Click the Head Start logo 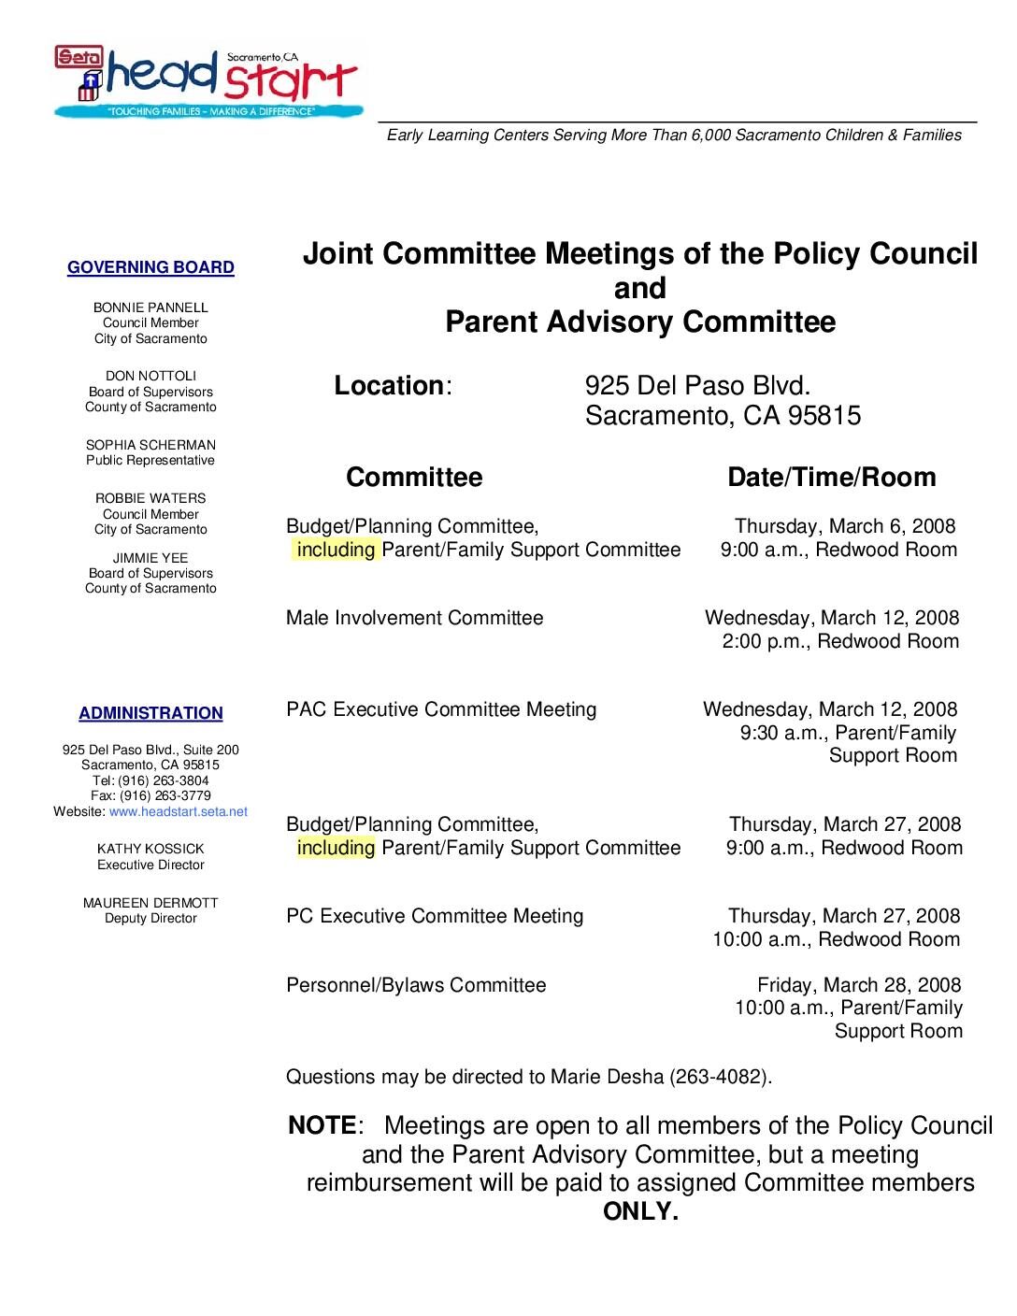coord(207,81)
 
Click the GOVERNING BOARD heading coord(150,268)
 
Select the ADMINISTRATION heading coord(150,714)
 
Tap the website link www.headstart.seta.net coord(179,811)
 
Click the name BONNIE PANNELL coord(150,308)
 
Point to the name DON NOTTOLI coord(150,377)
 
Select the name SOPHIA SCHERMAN coord(150,445)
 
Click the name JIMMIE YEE coord(150,558)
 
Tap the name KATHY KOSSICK coord(150,849)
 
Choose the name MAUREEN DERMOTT coord(150,903)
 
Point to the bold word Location coord(389,386)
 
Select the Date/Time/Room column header coord(831,478)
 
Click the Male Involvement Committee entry coord(414,618)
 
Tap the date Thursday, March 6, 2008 coord(845,526)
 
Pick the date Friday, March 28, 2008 coord(858,985)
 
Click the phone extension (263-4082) coord(720,1077)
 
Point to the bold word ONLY coord(640,1212)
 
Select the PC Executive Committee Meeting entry coord(435,916)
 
